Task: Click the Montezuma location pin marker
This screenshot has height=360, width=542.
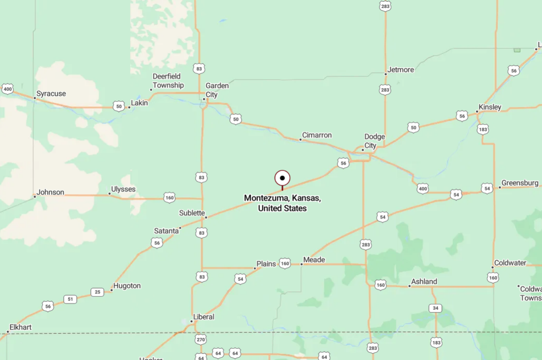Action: tap(282, 178)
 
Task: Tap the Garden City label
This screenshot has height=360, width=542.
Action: tap(217, 90)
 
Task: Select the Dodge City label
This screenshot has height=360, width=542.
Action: tap(374, 141)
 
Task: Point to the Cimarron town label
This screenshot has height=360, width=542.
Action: tap(317, 135)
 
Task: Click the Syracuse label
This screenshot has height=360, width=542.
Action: tap(51, 94)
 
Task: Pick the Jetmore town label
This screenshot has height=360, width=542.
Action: tap(401, 70)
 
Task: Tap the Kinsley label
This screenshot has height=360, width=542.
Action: tap(490, 107)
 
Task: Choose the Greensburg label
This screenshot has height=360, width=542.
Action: tap(519, 183)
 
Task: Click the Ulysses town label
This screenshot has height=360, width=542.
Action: tap(123, 189)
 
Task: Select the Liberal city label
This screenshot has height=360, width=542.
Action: tap(203, 317)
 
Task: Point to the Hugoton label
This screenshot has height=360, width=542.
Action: tap(127, 286)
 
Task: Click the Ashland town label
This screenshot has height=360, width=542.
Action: tap(425, 281)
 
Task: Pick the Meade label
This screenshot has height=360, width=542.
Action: tap(314, 260)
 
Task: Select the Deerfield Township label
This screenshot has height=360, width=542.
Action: tap(168, 81)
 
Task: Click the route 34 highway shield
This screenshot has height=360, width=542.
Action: tap(435, 308)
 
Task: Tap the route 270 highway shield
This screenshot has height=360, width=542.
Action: tap(201, 339)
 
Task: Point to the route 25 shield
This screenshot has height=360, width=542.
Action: tap(97, 292)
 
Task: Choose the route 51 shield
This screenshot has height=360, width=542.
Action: tap(70, 299)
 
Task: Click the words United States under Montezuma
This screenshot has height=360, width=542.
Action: tap(282, 208)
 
